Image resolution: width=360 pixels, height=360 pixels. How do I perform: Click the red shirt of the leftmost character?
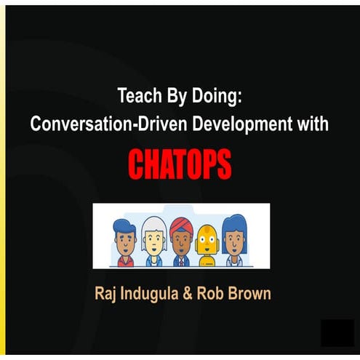coord(124,260)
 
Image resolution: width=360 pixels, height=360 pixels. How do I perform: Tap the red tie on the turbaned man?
coord(180,258)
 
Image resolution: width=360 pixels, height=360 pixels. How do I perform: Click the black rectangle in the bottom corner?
coord(338,332)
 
